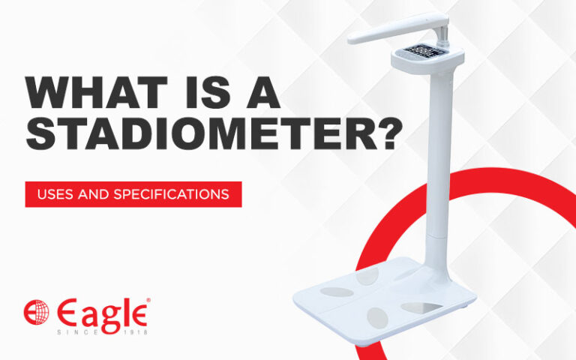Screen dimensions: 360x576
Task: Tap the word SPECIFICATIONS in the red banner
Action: tap(172, 194)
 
